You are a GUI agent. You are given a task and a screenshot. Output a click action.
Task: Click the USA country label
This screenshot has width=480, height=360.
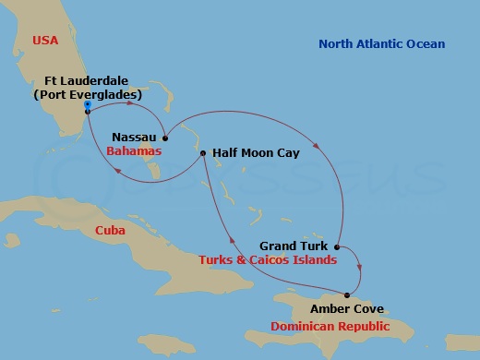pyautogui.click(x=43, y=40)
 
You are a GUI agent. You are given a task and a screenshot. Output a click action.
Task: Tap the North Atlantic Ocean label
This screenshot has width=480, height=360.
pyautogui.click(x=381, y=44)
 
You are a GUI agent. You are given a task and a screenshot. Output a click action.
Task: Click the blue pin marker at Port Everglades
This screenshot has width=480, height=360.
pyautogui.click(x=86, y=106)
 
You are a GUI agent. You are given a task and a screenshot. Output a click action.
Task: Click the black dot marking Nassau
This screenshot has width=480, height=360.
pyautogui.click(x=164, y=136)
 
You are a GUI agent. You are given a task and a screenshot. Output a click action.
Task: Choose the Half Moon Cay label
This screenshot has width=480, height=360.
pyautogui.click(x=255, y=152)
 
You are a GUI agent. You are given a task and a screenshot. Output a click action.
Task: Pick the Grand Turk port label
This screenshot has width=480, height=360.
pyautogui.click(x=294, y=246)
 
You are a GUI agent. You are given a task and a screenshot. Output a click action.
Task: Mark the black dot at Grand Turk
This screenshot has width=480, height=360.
pyautogui.click(x=337, y=247)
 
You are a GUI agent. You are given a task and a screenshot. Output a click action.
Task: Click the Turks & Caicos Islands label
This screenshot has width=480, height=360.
pyautogui.click(x=260, y=261)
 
